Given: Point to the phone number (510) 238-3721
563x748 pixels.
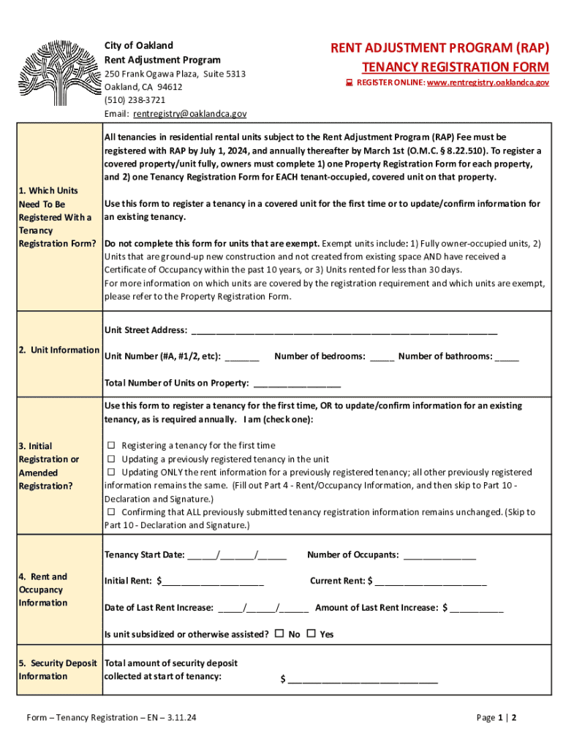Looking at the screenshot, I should pyautogui.click(x=135, y=100).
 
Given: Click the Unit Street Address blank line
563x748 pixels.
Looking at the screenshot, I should pyautogui.click(x=344, y=331).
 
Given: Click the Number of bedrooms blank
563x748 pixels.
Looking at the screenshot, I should pyautogui.click(x=382, y=357).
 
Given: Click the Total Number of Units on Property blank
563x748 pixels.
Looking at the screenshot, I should pyautogui.click(x=296, y=383).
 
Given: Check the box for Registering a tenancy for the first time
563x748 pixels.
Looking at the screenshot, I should pyautogui.click(x=112, y=446).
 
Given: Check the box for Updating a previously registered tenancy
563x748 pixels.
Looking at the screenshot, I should pyautogui.click(x=112, y=459).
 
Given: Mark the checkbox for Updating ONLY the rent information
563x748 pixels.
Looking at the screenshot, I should pyautogui.click(x=112, y=473).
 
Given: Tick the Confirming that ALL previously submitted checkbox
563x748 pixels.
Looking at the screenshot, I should pyautogui.click(x=112, y=512).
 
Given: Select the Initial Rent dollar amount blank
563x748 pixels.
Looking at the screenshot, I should pyautogui.click(x=213, y=582).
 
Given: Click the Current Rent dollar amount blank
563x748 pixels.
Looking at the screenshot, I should pyautogui.click(x=431, y=582).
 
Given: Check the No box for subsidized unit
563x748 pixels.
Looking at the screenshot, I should pyautogui.click(x=279, y=634).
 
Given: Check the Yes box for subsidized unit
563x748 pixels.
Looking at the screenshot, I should pyautogui.click(x=311, y=634).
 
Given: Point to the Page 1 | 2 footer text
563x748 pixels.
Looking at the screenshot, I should pyautogui.click(x=496, y=718).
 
